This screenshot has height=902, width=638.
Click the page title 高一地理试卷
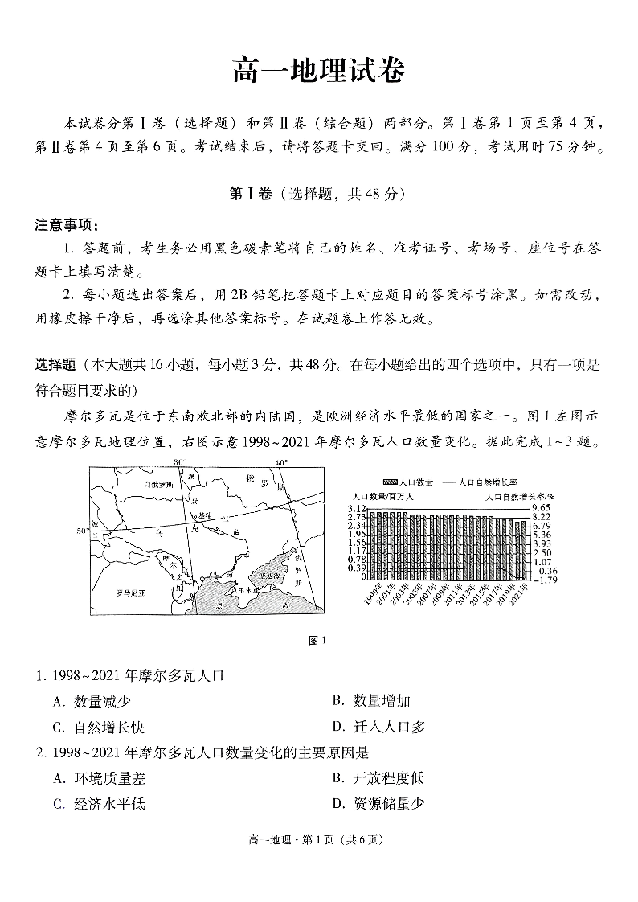click(x=318, y=72)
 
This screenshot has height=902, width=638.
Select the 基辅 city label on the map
click(x=205, y=514)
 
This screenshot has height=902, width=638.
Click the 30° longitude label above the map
click(x=179, y=463)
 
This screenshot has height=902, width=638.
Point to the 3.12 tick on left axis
click(x=357, y=509)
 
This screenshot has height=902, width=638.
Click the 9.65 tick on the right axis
click(x=541, y=509)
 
